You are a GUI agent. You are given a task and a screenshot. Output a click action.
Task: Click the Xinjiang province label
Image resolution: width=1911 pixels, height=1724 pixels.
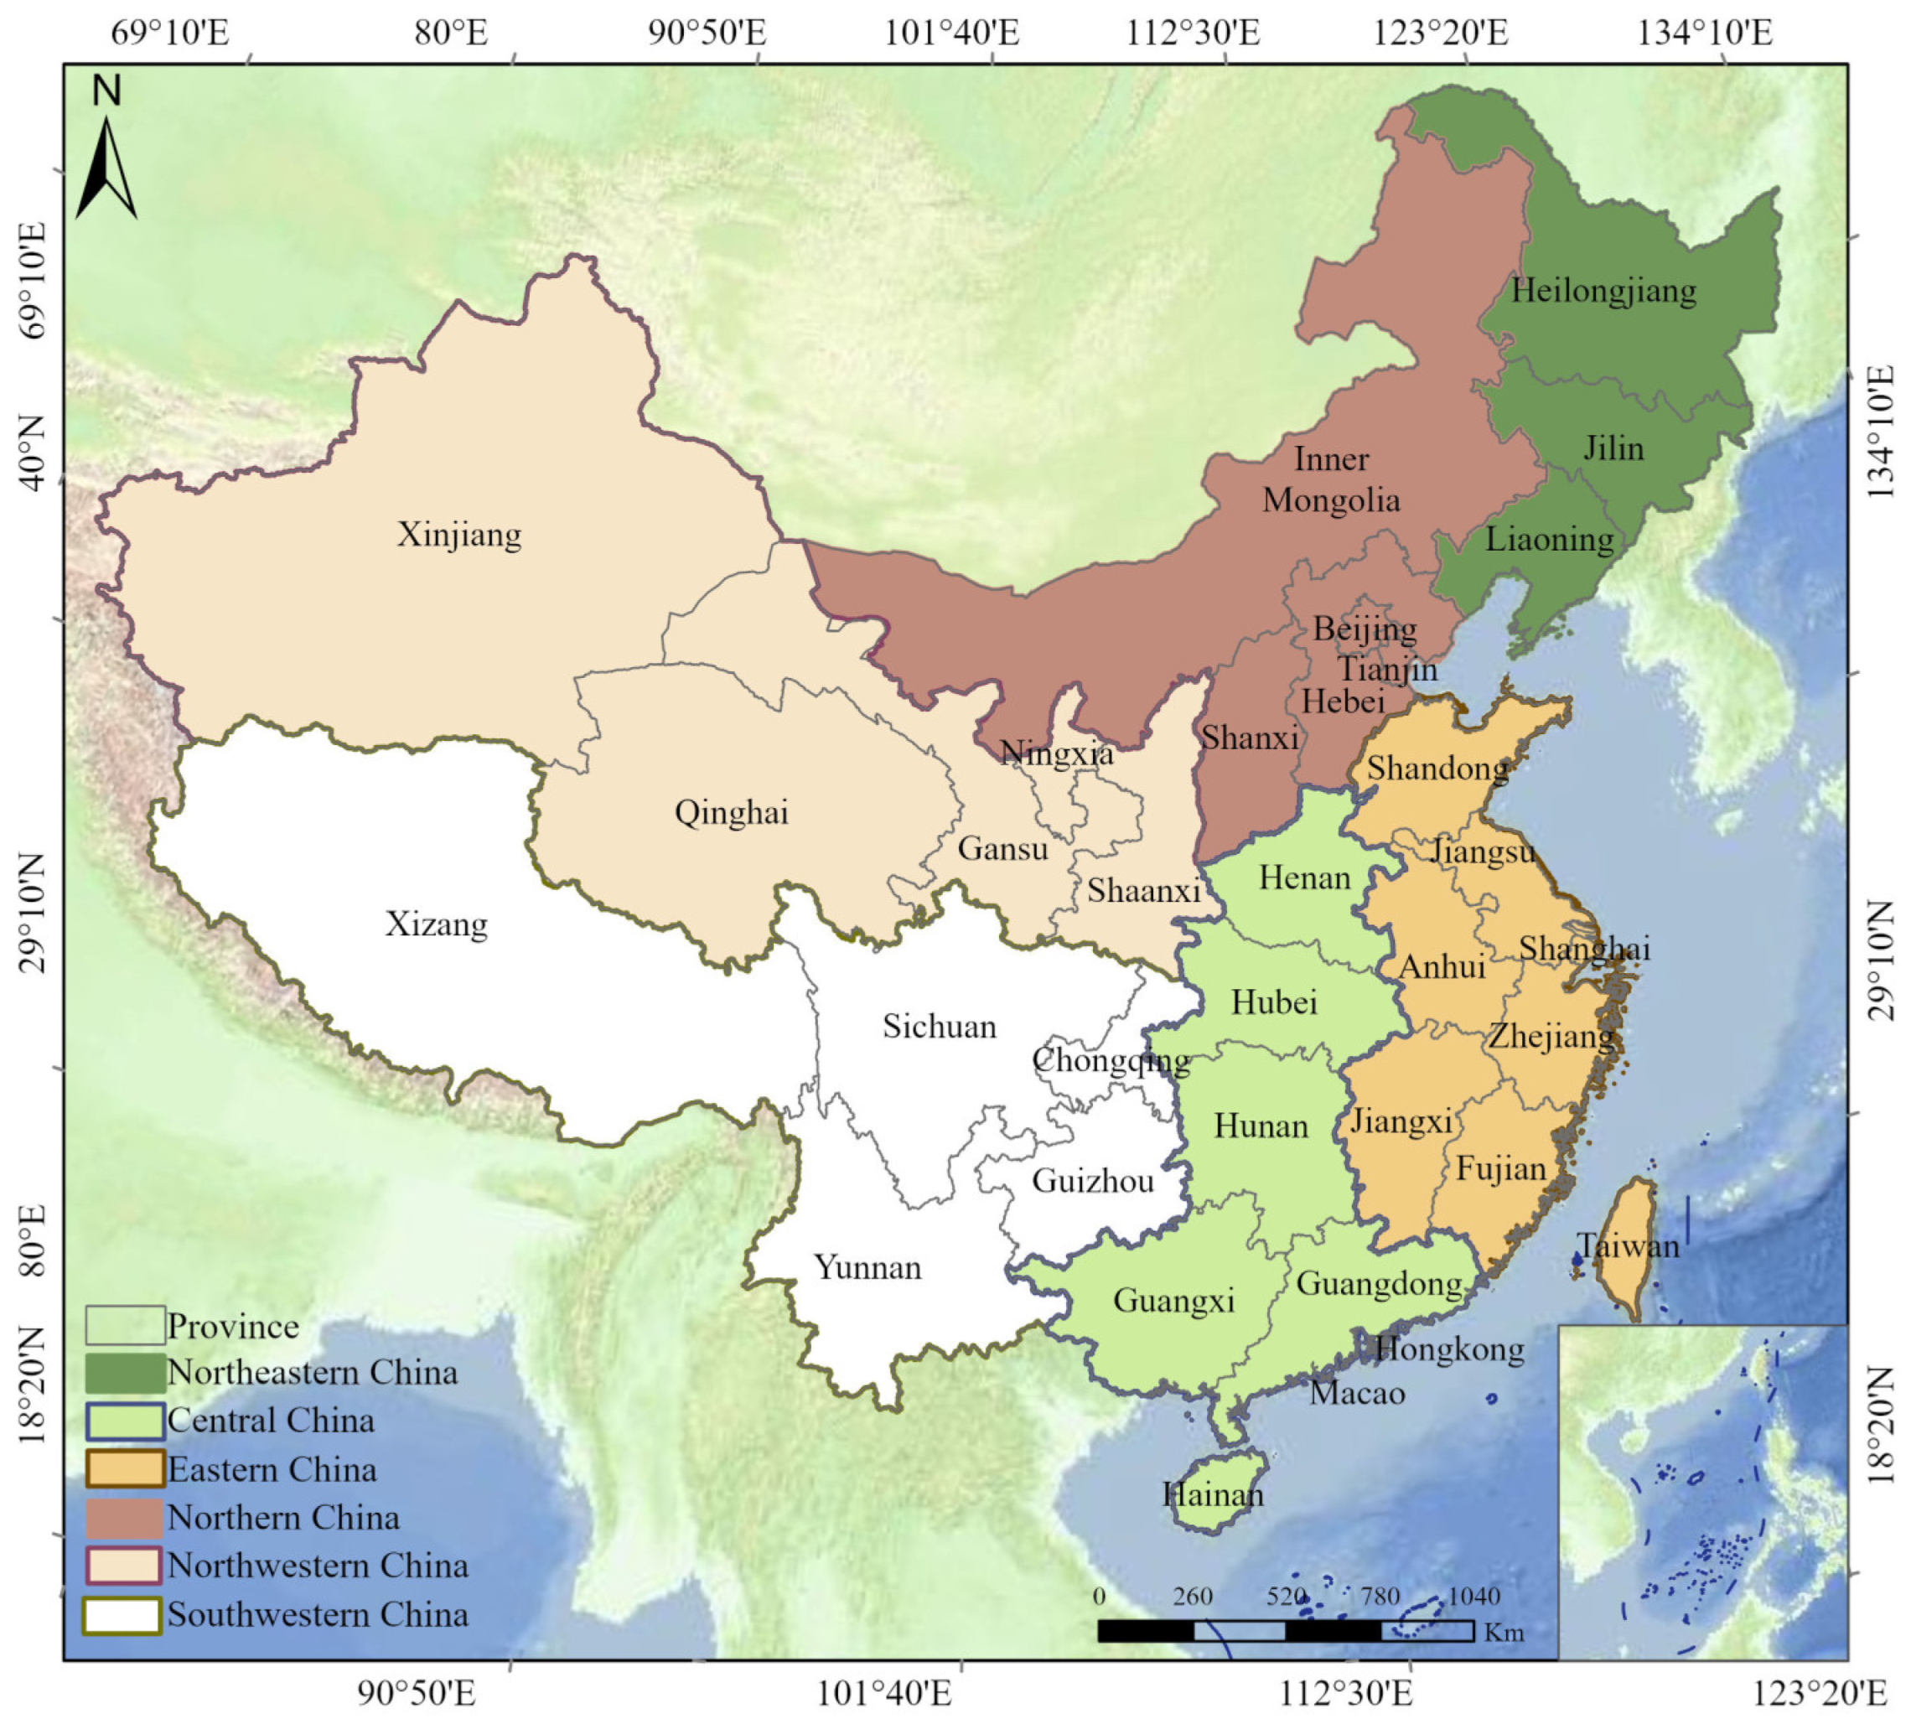click(x=458, y=536)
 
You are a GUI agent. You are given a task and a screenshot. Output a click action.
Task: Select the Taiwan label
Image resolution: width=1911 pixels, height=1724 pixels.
click(x=1627, y=1245)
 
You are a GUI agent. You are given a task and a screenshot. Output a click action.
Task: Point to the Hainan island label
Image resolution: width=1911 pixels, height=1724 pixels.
click(x=1212, y=1494)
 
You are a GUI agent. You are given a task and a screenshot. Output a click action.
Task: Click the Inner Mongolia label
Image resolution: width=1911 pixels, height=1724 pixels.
click(x=1330, y=479)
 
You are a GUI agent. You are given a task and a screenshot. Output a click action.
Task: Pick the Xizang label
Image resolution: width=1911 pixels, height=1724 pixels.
click(x=436, y=924)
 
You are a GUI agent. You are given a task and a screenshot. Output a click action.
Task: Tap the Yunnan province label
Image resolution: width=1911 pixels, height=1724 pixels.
click(x=867, y=1267)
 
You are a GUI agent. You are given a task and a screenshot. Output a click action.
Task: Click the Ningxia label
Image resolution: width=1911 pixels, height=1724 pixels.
click(x=1056, y=754)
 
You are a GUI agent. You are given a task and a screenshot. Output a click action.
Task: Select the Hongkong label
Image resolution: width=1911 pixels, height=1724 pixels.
click(x=1448, y=1349)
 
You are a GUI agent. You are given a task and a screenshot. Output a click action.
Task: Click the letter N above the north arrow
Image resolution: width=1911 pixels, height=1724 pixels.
click(x=107, y=91)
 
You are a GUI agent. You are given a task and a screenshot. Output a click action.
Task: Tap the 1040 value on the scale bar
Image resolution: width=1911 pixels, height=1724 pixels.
click(x=1473, y=1596)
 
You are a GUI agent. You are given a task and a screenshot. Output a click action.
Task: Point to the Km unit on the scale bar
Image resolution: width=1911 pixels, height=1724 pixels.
click(x=1504, y=1632)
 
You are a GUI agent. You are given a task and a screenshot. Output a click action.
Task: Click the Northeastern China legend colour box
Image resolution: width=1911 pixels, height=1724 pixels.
click(x=124, y=1373)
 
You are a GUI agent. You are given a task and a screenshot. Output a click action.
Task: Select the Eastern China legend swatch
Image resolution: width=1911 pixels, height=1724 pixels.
click(x=124, y=1469)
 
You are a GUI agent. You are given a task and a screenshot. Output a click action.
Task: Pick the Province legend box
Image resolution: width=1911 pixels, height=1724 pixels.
click(x=124, y=1325)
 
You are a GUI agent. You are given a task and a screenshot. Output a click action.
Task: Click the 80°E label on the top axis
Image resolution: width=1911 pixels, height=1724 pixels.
click(x=451, y=34)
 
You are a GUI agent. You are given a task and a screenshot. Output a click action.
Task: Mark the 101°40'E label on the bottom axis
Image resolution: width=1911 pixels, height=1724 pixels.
click(x=884, y=1693)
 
